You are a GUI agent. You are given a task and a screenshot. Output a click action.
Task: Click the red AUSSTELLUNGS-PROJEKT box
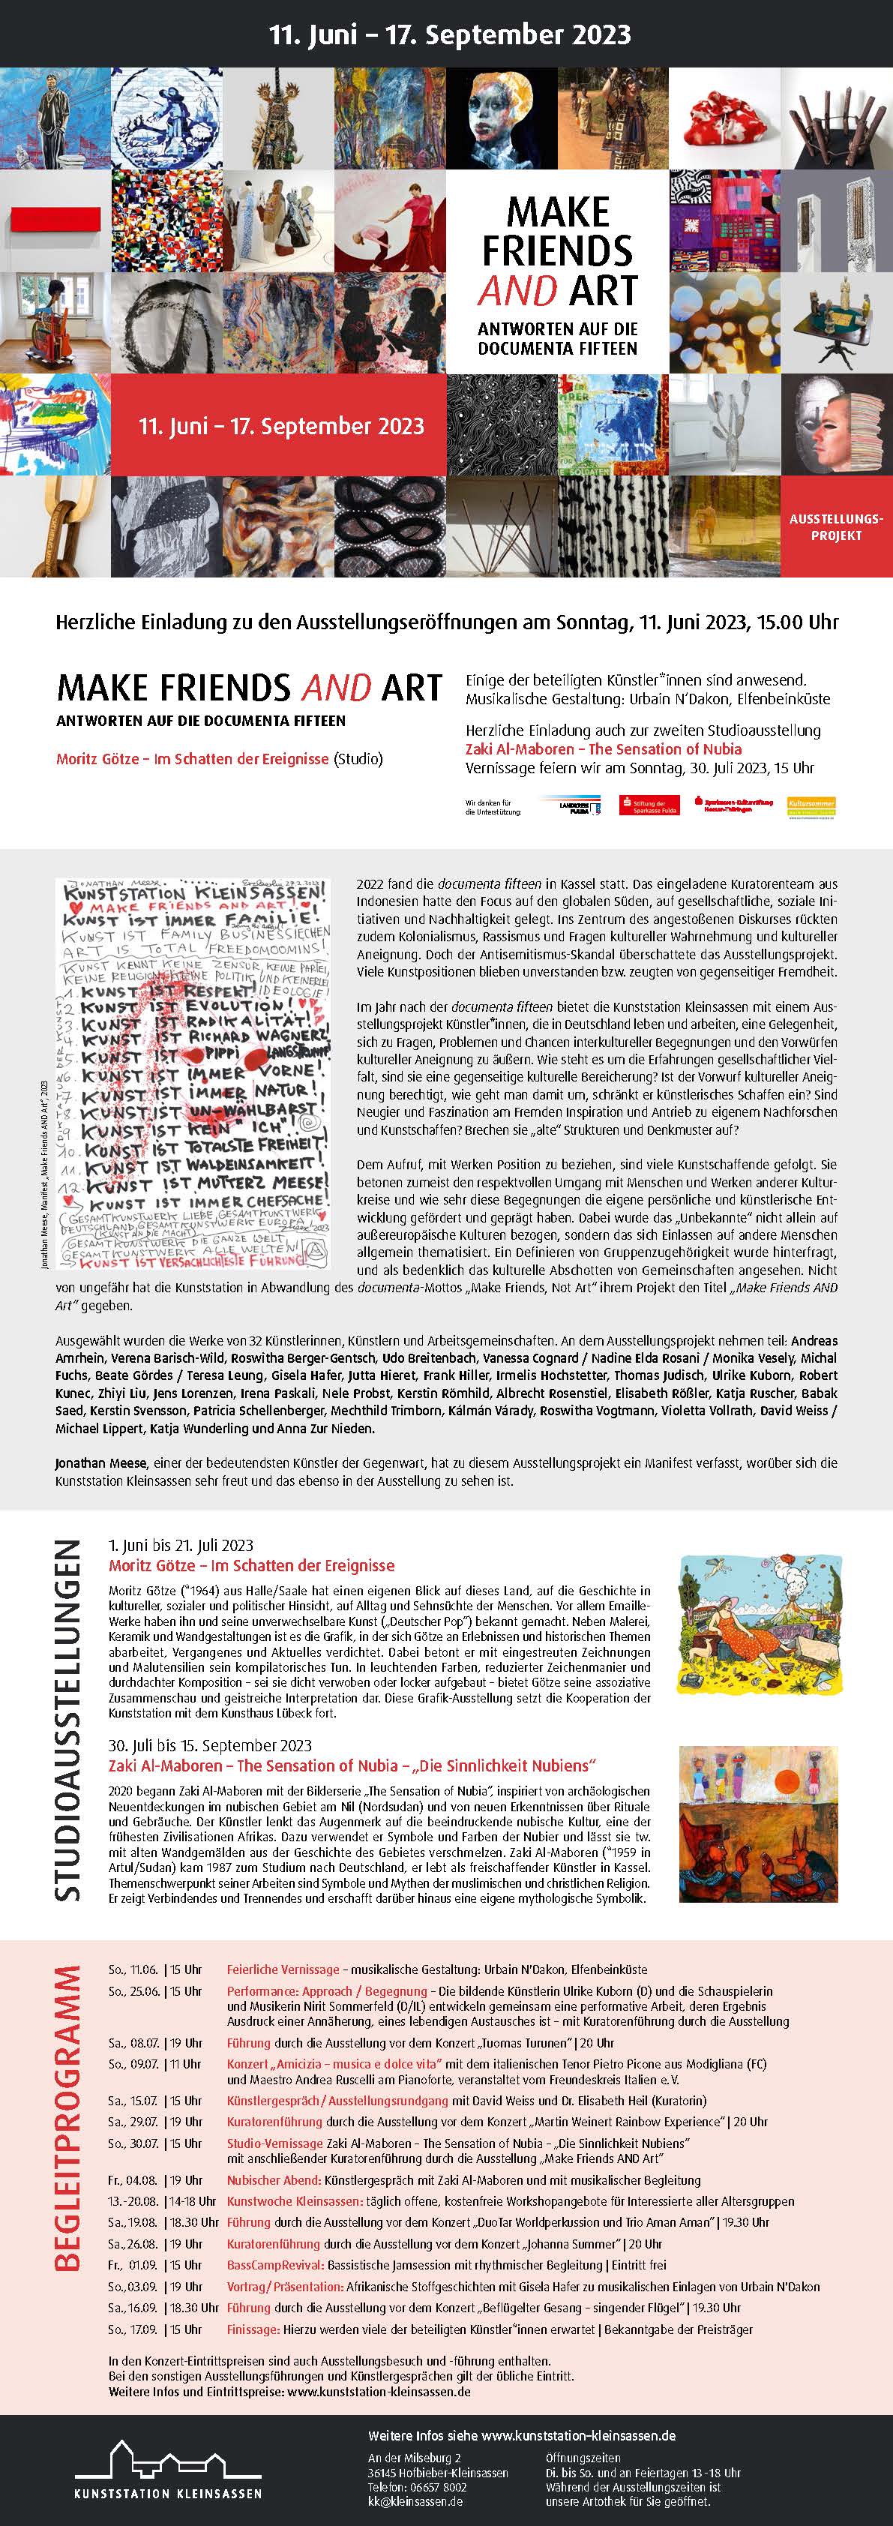point(836,526)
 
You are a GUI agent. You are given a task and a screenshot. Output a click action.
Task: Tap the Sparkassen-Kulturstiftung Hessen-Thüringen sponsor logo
point(733,804)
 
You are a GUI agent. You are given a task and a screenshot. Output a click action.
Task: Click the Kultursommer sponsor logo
point(811,805)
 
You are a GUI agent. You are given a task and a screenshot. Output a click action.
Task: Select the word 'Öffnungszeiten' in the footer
point(583,2458)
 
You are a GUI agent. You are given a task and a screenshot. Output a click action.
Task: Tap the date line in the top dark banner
point(450,35)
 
